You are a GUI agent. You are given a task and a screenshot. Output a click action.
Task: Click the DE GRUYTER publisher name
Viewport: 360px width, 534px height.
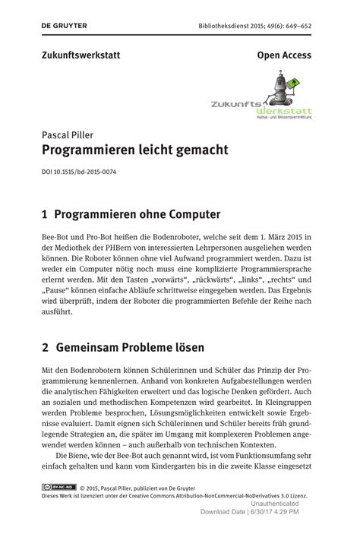(65, 25)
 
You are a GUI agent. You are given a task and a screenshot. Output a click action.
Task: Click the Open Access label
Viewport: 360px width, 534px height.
(284, 55)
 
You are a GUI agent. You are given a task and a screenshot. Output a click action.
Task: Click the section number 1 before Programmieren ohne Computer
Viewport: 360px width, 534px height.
(46, 214)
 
